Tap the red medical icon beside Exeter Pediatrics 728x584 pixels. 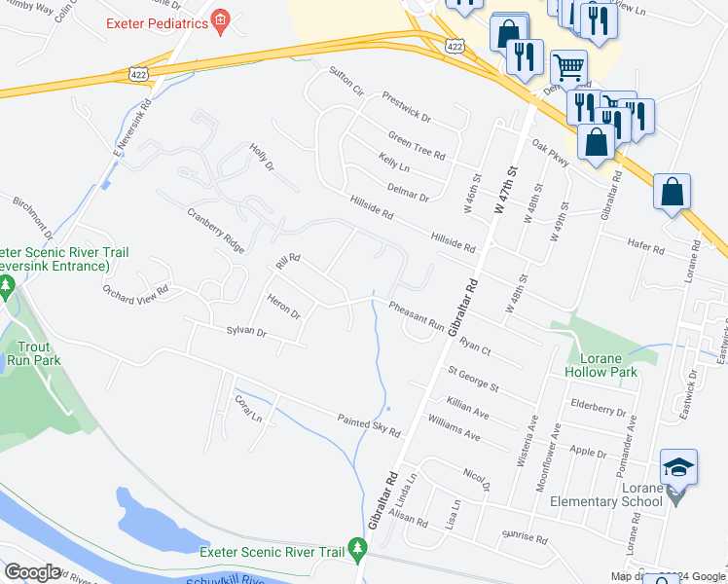click(221, 20)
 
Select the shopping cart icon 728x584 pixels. click(568, 67)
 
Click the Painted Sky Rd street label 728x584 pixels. click(369, 425)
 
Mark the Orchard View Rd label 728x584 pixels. click(136, 290)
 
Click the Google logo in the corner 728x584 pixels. click(32, 572)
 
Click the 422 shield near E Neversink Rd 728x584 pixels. click(139, 73)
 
